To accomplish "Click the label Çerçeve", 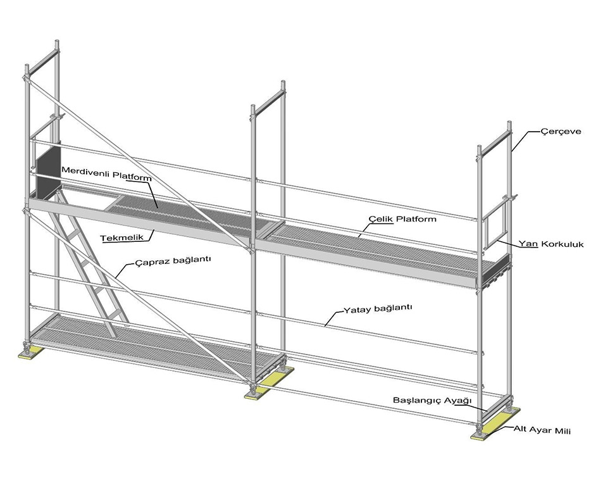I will pyautogui.click(x=561, y=132).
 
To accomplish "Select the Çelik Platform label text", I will pyautogui.click(x=402, y=219).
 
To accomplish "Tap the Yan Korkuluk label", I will pyautogui.click(x=551, y=243).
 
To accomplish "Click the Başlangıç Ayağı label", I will pyautogui.click(x=433, y=401).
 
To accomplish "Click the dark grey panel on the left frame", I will pyautogui.click(x=47, y=168).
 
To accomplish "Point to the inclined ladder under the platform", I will pyautogui.click(x=89, y=266).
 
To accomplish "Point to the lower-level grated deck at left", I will pyautogui.click(x=146, y=348).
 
